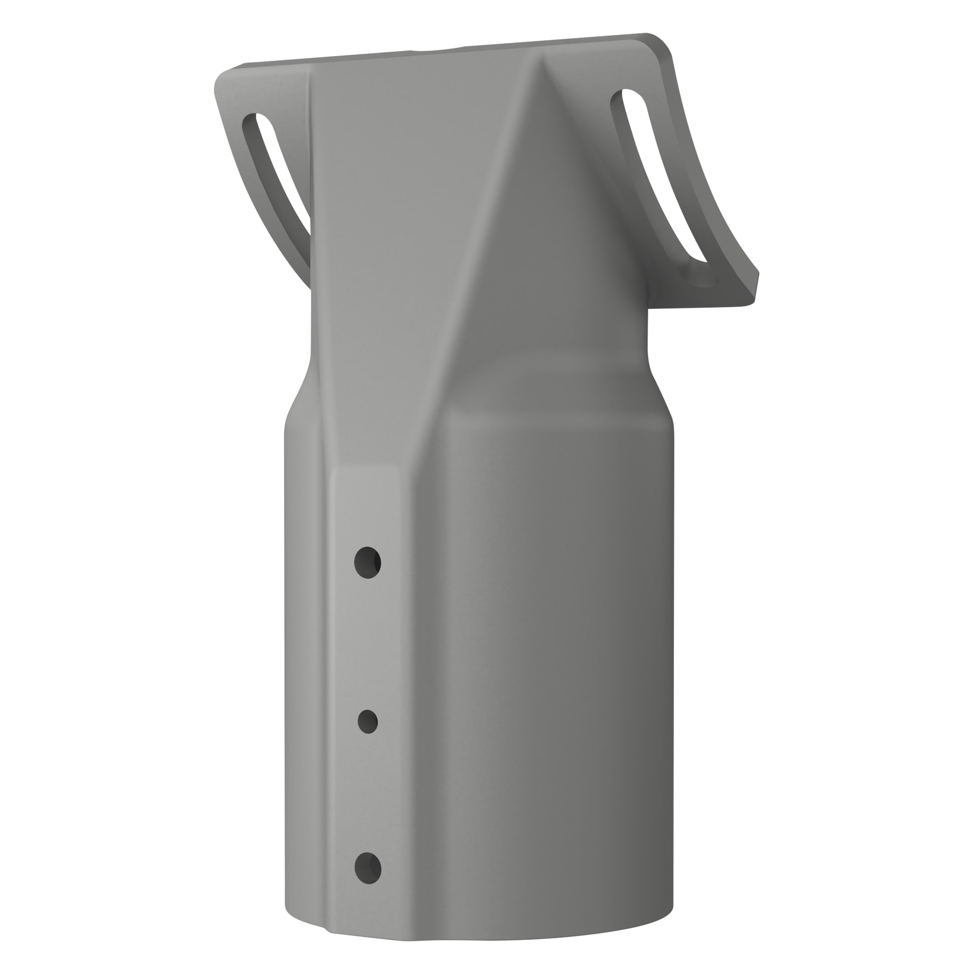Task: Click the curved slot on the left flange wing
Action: coord(280,171)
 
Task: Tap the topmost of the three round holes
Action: coord(368,562)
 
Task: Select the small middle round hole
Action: coord(368,721)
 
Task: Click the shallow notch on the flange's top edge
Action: coord(436,51)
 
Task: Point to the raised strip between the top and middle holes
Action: coord(368,643)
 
